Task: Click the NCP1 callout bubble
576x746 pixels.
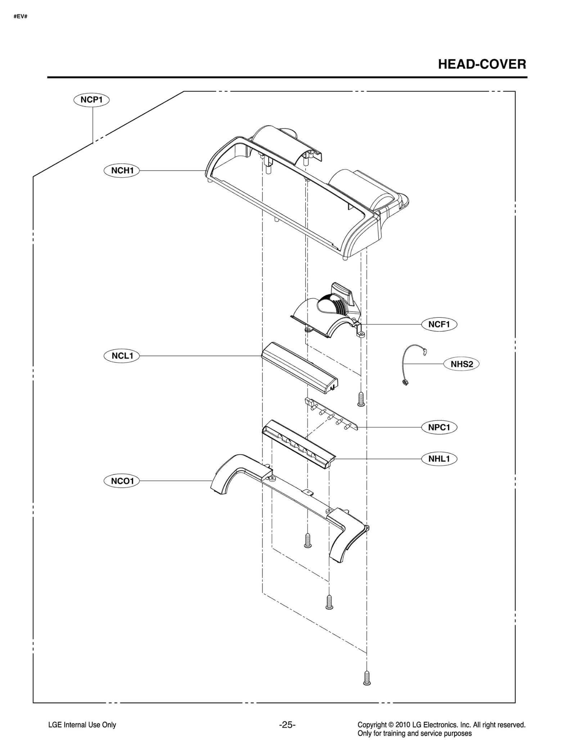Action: pyautogui.click(x=91, y=100)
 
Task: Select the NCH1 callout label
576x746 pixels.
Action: pyautogui.click(x=122, y=170)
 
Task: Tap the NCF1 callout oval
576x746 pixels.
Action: pyautogui.click(x=439, y=324)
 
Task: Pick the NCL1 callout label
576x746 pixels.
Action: pyautogui.click(x=122, y=356)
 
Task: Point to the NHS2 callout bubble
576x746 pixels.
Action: pyautogui.click(x=462, y=364)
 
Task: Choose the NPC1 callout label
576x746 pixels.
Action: pyautogui.click(x=439, y=427)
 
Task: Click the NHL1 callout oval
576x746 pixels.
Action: pyautogui.click(x=439, y=459)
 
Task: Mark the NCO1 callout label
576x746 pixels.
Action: pyautogui.click(x=122, y=481)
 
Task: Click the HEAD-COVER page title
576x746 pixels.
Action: pyautogui.click(x=482, y=64)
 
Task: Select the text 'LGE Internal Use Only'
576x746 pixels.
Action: pyautogui.click(x=82, y=725)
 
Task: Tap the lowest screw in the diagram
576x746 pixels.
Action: pyautogui.click(x=367, y=678)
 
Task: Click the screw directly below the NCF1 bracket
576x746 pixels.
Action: pyautogui.click(x=361, y=399)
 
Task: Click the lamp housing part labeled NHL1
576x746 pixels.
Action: pyautogui.click(x=299, y=444)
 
